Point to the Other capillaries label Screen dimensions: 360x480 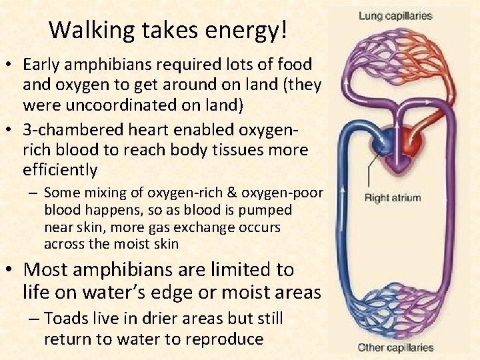tap(395, 347)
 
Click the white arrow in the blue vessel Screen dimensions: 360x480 tap(344, 193)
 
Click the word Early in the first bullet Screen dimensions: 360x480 tap(41, 65)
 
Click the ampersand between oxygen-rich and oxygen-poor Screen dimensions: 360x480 tap(218, 193)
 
